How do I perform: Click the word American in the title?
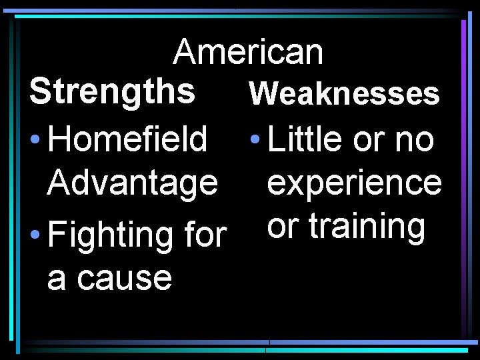pos(248,52)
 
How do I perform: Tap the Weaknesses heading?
pos(344,95)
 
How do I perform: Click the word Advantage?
pos(132,183)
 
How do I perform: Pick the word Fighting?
pos(112,236)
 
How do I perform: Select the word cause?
pos(125,278)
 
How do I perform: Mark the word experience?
pos(353,183)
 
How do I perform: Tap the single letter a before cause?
pos(57,279)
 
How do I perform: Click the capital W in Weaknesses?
pos(262,95)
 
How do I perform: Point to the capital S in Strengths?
pos(40,92)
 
